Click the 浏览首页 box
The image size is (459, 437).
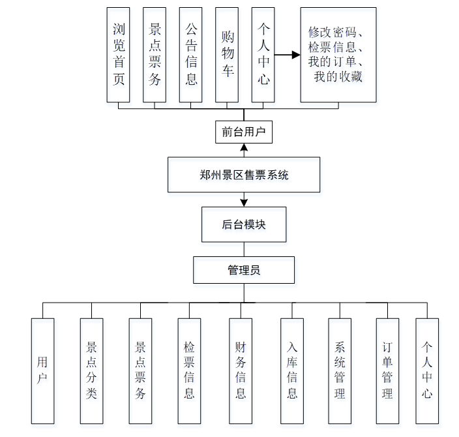[118, 55]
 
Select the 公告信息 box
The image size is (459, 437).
[191, 55]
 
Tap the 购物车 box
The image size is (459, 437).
[228, 55]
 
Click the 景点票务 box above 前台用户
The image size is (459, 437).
[155, 55]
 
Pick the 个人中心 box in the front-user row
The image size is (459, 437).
[263, 55]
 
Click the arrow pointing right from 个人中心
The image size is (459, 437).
[287, 55]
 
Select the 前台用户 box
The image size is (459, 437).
[244, 132]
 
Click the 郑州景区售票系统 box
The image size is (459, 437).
[244, 175]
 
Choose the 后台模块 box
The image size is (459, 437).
[244, 224]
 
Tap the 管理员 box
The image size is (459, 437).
[244, 269]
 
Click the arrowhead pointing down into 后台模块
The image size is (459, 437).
[244, 202]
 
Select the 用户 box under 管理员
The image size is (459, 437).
[42, 370]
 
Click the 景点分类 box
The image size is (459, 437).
[91, 370]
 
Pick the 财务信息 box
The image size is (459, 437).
[240, 370]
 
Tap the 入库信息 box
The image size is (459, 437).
[291, 370]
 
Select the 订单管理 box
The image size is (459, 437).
[387, 370]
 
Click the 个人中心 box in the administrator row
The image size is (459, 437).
[427, 370]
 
